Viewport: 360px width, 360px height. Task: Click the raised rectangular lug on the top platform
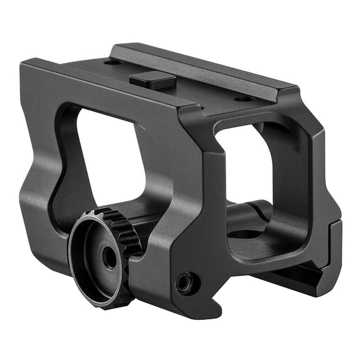(x=153, y=80)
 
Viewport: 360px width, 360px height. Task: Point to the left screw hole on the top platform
(x=112, y=62)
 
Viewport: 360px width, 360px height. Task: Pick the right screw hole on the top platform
(x=244, y=98)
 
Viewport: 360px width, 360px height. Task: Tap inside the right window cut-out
(x=243, y=166)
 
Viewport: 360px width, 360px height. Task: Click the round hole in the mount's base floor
(x=246, y=234)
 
